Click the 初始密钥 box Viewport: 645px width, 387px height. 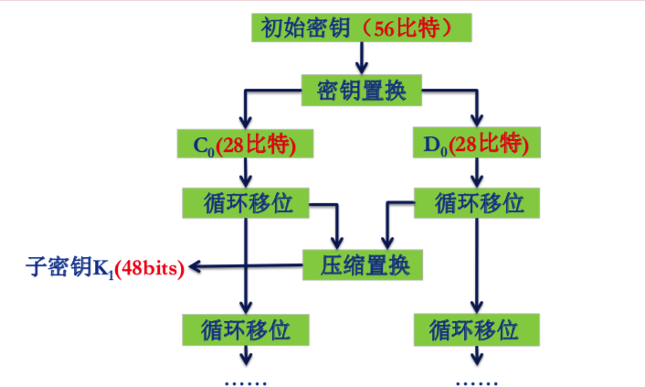(x=362, y=27)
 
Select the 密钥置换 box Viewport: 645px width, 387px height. (x=362, y=90)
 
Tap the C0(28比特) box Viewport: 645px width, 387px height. (x=245, y=144)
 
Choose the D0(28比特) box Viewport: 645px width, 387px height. (x=476, y=144)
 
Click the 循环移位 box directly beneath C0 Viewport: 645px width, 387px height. (x=245, y=202)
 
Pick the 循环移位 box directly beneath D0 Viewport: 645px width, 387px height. (x=476, y=202)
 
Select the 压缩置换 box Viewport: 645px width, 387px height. (x=362, y=265)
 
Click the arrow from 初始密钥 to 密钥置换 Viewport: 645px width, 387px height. (x=362, y=59)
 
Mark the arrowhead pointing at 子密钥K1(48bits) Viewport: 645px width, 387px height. (x=196, y=266)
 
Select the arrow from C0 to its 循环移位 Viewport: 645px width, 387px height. (x=245, y=173)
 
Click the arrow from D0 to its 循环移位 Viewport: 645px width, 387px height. (x=476, y=173)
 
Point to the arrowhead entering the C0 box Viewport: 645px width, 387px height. (x=245, y=123)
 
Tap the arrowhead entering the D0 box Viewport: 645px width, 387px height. (x=476, y=123)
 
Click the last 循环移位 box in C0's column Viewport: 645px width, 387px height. (x=245, y=327)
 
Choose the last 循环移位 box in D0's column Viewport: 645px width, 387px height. (x=476, y=327)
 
